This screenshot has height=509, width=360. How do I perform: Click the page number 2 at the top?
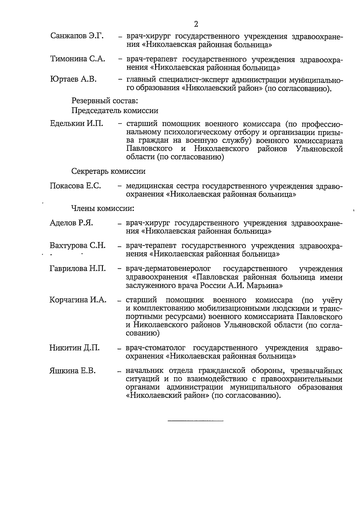[x=196, y=24]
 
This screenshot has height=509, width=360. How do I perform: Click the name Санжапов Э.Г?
[x=77, y=36]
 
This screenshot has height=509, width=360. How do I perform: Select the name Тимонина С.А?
[x=78, y=59]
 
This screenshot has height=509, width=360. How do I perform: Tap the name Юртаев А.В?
[x=73, y=79]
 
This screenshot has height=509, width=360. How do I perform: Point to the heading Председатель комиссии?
[x=115, y=111]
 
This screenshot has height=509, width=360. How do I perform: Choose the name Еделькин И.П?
[x=76, y=123]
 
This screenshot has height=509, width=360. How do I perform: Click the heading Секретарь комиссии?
[x=108, y=171]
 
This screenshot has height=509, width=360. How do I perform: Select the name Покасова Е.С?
[x=75, y=186]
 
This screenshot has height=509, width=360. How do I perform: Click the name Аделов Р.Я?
[x=71, y=223]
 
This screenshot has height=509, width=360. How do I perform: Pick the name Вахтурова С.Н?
[x=77, y=245]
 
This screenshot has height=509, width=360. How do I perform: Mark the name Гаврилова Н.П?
[x=77, y=268]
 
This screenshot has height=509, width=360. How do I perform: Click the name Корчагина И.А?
[x=78, y=300]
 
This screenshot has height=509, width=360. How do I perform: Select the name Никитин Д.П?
[x=74, y=348]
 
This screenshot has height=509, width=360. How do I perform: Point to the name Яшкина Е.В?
[x=72, y=371]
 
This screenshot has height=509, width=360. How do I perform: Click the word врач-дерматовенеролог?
[x=168, y=268]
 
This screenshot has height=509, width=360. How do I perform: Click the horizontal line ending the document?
[x=196, y=421]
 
